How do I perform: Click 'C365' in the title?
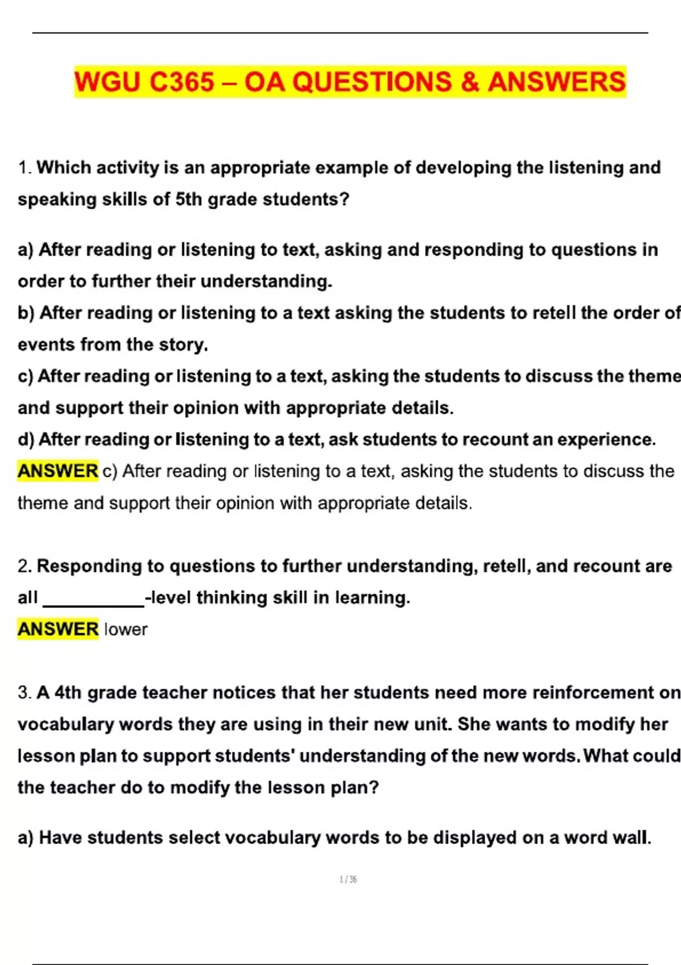point(182,82)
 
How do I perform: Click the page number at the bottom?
point(348,879)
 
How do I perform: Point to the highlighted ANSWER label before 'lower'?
point(58,629)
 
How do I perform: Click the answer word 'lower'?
point(125,629)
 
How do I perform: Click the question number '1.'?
point(25,168)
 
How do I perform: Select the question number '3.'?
point(25,693)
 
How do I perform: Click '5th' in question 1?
point(188,199)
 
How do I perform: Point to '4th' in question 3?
point(68,693)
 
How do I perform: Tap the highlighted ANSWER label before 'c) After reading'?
point(58,471)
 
